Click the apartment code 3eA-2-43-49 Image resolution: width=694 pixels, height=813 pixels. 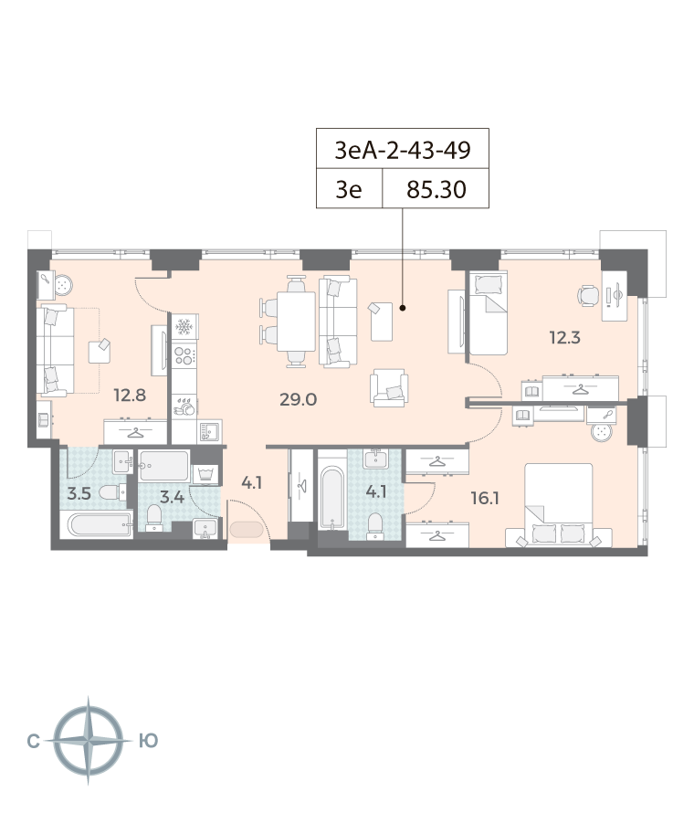pos(403,150)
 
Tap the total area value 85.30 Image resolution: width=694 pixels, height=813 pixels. pos(436,190)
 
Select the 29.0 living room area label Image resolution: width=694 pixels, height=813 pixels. pos(298,399)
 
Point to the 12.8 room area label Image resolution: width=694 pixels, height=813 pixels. pos(130,396)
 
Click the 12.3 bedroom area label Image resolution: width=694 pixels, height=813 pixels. pos(565,338)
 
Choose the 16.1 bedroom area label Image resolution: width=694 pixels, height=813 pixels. pos(485,498)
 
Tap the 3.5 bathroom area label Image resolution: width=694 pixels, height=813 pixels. pos(79,493)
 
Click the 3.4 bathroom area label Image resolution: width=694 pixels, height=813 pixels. pos(172,498)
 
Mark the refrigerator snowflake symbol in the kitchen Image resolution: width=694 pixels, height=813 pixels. pos(184,327)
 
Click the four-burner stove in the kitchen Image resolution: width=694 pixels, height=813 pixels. pos(184,355)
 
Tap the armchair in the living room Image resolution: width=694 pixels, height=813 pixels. pos(389,388)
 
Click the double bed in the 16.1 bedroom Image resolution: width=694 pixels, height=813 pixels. pos(559,505)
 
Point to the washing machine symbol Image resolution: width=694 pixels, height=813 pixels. pos(205,474)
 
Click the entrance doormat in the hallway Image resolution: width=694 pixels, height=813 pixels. pos(247,530)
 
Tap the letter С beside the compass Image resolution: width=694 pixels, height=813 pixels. pos(33,742)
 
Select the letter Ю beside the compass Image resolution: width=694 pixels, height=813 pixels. pos(149,741)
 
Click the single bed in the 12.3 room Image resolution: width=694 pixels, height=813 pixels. pos(488,313)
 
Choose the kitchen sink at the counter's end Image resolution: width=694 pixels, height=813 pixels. pos(209,431)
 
